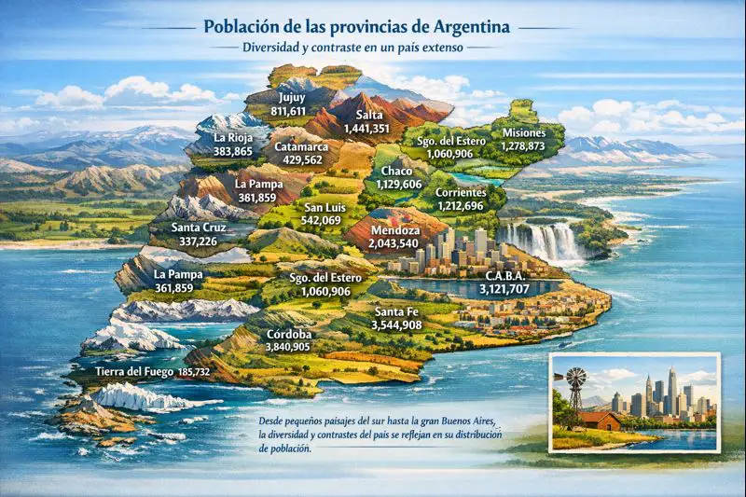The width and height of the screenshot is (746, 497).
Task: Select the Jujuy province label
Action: tap(291, 97)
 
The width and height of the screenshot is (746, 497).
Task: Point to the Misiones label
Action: tap(523, 132)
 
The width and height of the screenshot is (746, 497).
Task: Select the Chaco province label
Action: tap(398, 173)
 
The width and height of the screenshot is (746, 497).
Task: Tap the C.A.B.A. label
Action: tap(504, 277)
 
